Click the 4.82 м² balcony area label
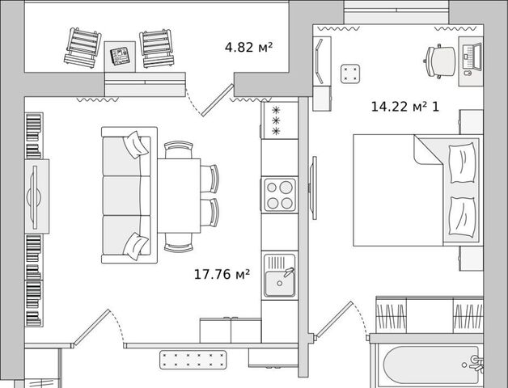point(248,47)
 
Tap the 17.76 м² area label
point(222,274)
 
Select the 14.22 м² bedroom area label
point(398,107)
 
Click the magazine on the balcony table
point(120,56)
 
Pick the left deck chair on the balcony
point(83,48)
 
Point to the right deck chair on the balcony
point(157,48)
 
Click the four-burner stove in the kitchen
point(279,195)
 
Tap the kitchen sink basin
point(280,284)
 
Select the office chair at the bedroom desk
point(439,61)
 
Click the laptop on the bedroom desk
point(472,57)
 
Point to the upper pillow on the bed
point(463,163)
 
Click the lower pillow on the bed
point(463,217)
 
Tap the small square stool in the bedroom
point(350,74)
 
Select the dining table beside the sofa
point(179,196)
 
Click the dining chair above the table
point(179,150)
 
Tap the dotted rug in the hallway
point(193,360)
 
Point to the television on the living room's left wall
point(34,197)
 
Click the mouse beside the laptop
point(468,74)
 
